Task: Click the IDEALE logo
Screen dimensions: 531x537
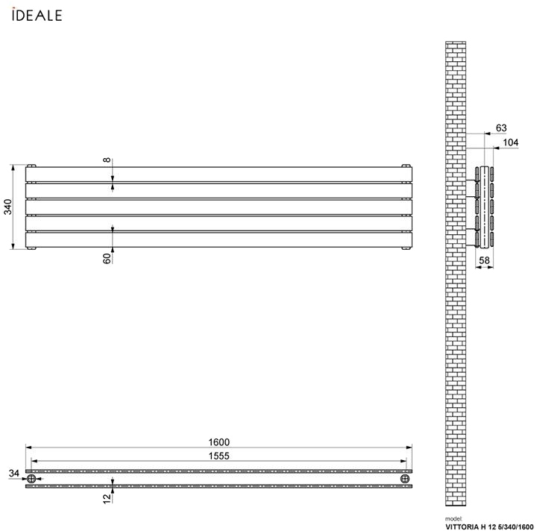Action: [37, 15]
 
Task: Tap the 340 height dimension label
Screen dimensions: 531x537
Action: [7, 207]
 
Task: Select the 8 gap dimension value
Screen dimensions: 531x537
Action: [107, 160]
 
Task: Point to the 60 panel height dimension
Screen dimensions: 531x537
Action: [107, 258]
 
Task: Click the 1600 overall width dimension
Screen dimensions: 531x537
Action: [219, 442]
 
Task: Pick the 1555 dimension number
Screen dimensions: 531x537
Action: [219, 456]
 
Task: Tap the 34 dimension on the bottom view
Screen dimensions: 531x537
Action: [13, 473]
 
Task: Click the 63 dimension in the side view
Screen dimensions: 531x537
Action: [501, 128]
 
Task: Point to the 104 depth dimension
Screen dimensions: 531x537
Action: [511, 142]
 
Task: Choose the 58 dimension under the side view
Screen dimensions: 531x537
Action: [484, 260]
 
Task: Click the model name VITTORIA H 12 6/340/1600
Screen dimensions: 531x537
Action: [490, 526]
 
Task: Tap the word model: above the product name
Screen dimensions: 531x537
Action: [453, 518]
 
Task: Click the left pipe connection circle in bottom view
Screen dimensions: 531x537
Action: [31, 479]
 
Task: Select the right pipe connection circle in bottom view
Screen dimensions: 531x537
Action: [406, 479]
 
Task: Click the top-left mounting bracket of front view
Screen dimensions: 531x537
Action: [31, 165]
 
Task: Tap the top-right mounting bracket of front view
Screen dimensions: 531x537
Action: [406, 165]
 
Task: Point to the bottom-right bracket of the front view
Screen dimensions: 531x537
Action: [406, 248]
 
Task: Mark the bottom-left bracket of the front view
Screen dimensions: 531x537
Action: [31, 248]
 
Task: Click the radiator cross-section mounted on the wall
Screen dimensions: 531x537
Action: [486, 207]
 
